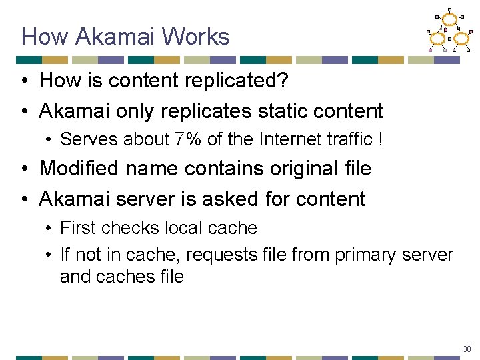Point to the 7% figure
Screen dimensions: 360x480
click(x=189, y=139)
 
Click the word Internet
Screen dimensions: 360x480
click(x=285, y=139)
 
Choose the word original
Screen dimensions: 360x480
click(x=296, y=169)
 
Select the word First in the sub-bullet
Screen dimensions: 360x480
click(x=79, y=228)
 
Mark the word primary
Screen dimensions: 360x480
click(x=366, y=255)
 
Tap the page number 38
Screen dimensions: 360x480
click(x=466, y=349)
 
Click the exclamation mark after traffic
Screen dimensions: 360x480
click(x=381, y=139)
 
